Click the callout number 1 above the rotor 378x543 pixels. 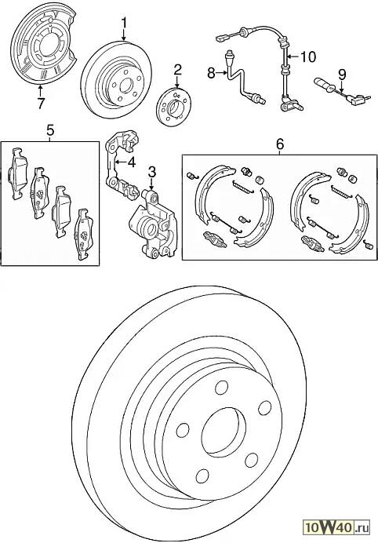[124, 24]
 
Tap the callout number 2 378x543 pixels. [177, 71]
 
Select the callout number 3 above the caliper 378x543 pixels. [152, 173]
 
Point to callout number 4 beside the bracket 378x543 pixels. [131, 162]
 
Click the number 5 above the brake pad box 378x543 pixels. [50, 131]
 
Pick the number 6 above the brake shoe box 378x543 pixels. [280, 144]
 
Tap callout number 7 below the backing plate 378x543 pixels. [41, 104]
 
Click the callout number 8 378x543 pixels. [212, 73]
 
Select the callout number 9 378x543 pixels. [342, 74]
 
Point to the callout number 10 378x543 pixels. [307, 56]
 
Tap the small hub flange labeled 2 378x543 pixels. [173, 108]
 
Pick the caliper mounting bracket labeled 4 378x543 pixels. [122, 162]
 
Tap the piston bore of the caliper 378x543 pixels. [151, 228]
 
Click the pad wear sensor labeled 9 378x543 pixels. [340, 91]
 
